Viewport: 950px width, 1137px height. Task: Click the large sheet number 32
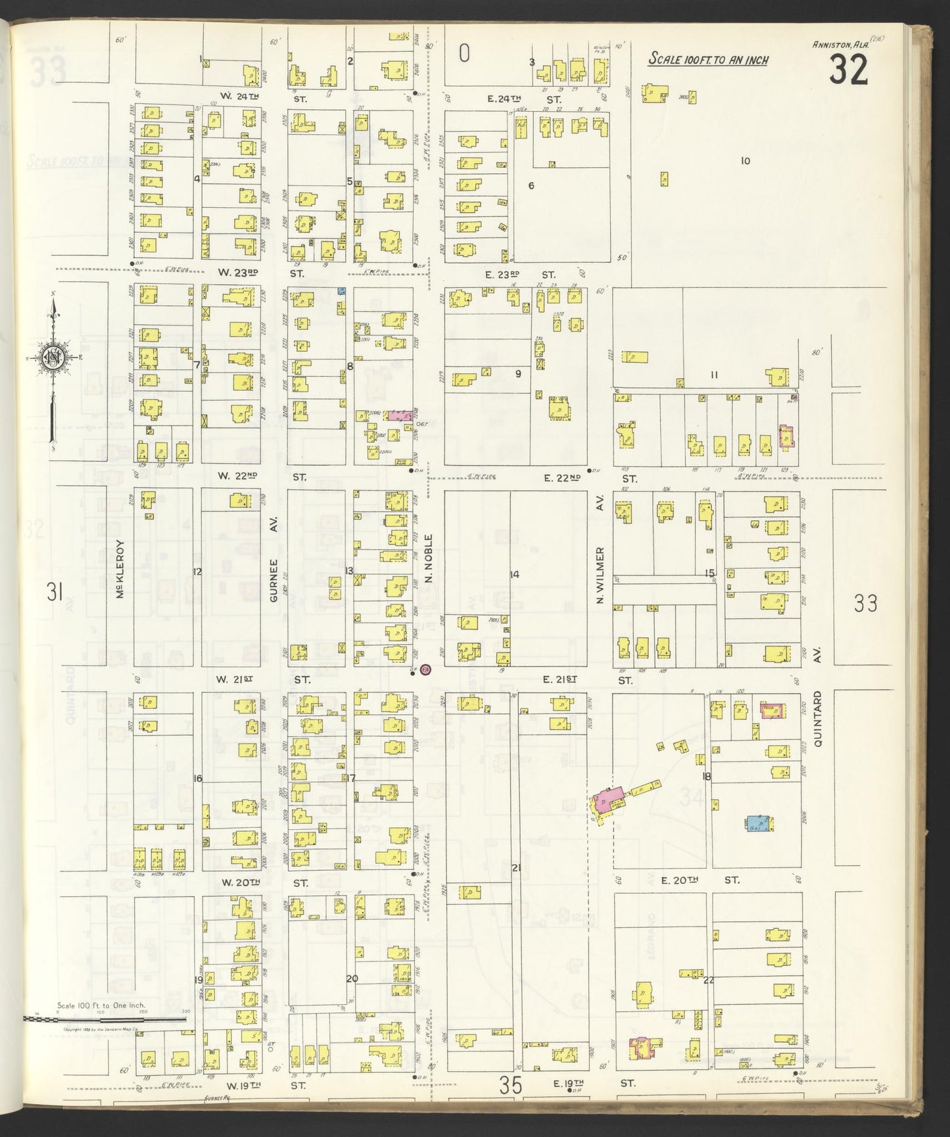pyautogui.click(x=848, y=70)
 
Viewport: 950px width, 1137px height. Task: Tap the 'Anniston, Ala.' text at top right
pyautogui.click(x=841, y=44)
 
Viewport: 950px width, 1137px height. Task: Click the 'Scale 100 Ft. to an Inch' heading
pyautogui.click(x=708, y=59)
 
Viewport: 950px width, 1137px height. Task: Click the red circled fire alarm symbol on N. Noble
pyautogui.click(x=425, y=669)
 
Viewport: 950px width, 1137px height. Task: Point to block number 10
pyautogui.click(x=745, y=161)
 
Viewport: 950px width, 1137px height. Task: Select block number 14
pyautogui.click(x=515, y=575)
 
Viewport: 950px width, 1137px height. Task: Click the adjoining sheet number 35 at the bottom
pyautogui.click(x=510, y=1085)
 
